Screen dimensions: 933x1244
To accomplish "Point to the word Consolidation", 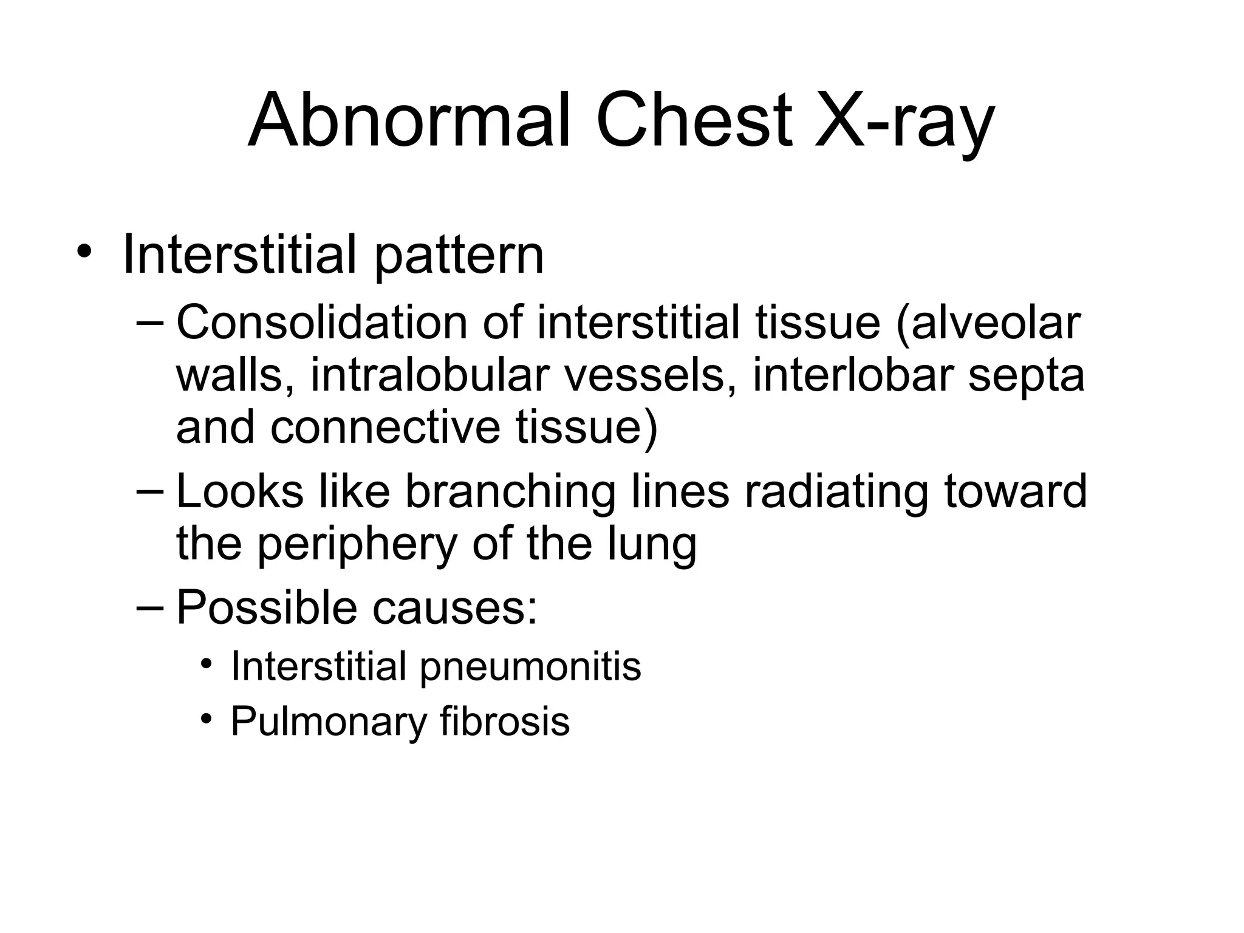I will pos(322,323).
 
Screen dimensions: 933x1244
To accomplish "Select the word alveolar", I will pos(996,323).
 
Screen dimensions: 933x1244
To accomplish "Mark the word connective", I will pos(386,427).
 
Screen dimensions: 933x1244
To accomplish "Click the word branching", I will pos(511,493).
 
